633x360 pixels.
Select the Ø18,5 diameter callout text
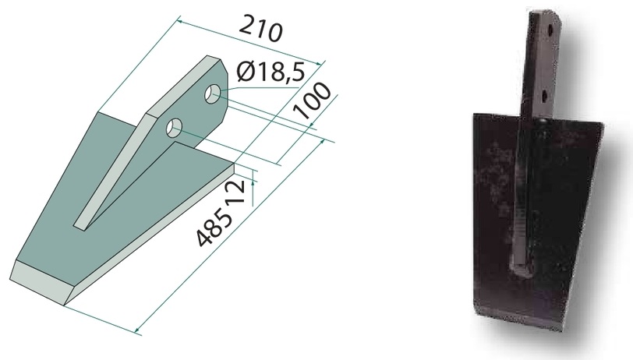coord(270,72)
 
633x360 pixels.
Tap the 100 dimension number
coord(311,101)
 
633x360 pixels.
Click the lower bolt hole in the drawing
coord(174,127)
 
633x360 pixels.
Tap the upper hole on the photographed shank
coord(550,29)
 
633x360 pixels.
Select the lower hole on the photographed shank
coord(545,96)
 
